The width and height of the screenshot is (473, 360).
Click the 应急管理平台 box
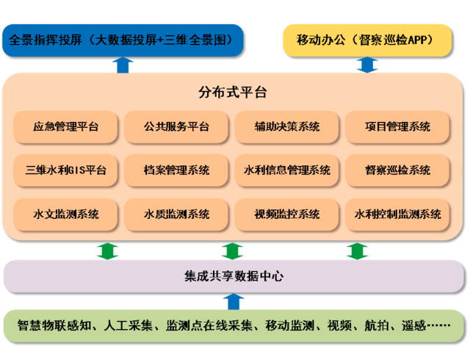click(66, 127)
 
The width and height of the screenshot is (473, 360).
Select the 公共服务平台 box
click(176, 127)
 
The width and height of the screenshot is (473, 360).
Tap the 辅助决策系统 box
click(287, 127)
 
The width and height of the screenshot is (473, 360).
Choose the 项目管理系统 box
click(397, 127)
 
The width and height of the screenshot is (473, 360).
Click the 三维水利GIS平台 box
click(66, 170)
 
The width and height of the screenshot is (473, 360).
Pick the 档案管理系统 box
click(176, 170)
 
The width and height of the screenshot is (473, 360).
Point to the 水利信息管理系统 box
click(287, 170)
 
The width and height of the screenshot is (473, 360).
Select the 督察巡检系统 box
click(397, 170)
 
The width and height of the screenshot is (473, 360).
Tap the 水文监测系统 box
click(66, 214)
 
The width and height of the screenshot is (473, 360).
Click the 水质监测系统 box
click(176, 214)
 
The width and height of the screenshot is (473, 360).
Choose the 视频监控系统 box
click(287, 214)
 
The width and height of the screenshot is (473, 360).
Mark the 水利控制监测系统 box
click(397, 214)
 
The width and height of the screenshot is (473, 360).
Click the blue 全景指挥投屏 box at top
click(122, 40)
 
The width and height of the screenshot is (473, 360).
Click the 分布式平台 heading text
click(233, 93)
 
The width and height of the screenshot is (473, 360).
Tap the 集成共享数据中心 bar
click(234, 277)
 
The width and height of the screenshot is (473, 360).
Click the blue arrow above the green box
click(234, 300)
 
